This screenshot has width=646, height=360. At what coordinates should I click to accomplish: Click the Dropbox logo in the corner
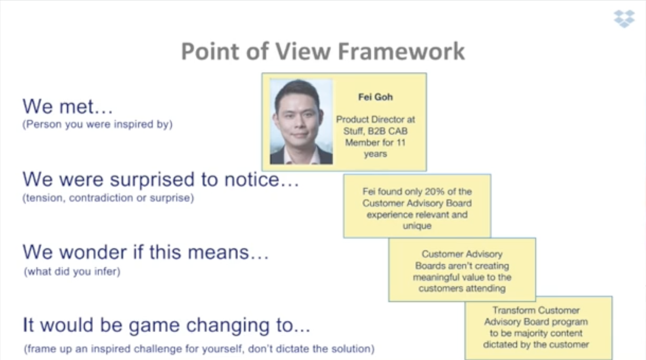tap(624, 19)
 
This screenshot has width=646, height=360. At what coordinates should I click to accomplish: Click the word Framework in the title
tap(401, 51)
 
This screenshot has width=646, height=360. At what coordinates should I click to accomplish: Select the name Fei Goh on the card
tap(375, 97)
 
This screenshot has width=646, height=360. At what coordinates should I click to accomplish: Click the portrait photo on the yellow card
tap(301, 121)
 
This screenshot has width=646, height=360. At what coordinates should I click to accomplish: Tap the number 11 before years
tap(401, 142)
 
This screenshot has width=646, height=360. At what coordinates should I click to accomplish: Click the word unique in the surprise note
tap(417, 226)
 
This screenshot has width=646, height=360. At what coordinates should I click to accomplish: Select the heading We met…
tap(68, 107)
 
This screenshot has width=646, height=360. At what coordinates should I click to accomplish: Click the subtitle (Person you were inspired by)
tap(97, 124)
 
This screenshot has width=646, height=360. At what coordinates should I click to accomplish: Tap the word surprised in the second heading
tap(152, 180)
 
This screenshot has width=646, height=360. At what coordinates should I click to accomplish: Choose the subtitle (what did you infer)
tap(72, 272)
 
